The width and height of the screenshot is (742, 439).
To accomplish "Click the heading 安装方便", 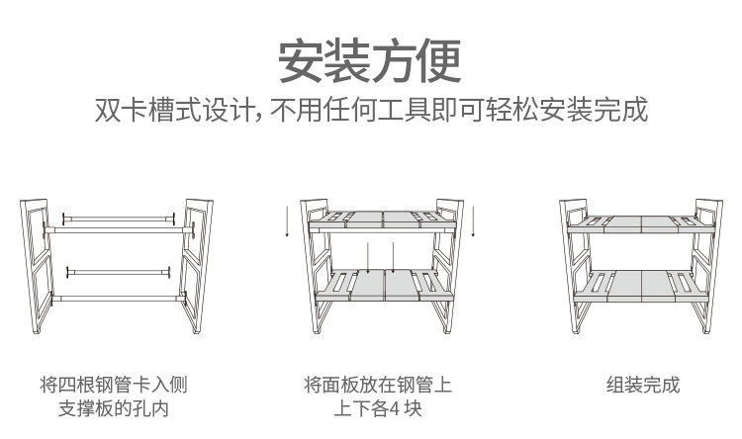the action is (370, 60).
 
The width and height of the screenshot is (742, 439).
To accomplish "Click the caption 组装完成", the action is (643, 385).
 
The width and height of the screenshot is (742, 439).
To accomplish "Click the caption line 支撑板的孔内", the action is (114, 408).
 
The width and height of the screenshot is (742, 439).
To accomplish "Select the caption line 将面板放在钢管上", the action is (377, 385).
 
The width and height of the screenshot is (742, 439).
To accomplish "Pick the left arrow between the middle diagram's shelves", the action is (367, 259).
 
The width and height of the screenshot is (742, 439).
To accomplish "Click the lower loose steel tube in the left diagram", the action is (119, 270).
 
